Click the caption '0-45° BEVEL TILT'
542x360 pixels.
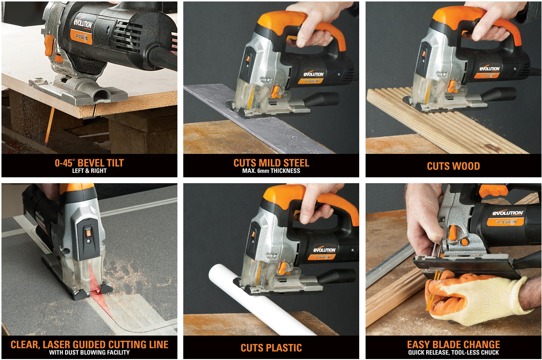[x=89, y=163]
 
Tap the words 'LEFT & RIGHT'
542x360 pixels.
[x=89, y=170]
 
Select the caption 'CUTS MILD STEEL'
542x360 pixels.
[x=271, y=163]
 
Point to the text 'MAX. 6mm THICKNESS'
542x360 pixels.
[x=271, y=170]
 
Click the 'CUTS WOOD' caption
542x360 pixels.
[x=453, y=166]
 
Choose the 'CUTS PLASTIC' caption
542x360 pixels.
[x=271, y=348]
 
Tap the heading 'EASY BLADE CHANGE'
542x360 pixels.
[x=454, y=344]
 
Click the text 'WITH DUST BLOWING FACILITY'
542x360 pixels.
[x=89, y=352]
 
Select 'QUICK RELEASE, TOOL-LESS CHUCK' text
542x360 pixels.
[x=454, y=352]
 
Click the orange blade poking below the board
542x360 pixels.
[x=49, y=125]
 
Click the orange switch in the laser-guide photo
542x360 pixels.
[x=88, y=233]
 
